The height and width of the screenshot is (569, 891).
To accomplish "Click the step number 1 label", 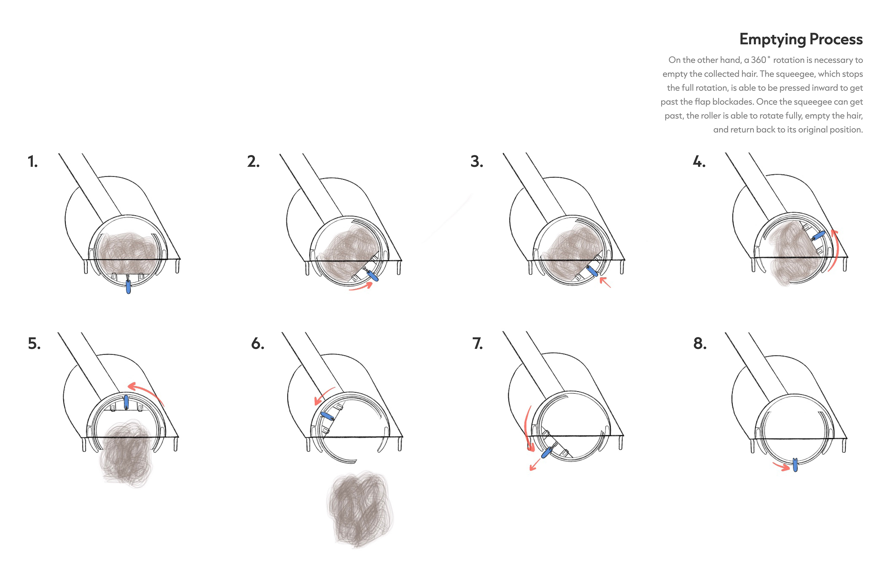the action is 32,162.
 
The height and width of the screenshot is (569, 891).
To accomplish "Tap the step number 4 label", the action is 699,162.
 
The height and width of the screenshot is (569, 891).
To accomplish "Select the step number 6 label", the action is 258,344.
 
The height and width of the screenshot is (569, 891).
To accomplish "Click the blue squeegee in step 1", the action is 128,287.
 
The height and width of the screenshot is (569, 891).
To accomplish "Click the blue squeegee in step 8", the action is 795,465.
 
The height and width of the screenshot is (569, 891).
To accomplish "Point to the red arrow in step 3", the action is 605,282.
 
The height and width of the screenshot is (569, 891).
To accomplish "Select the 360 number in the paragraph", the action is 759,60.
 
